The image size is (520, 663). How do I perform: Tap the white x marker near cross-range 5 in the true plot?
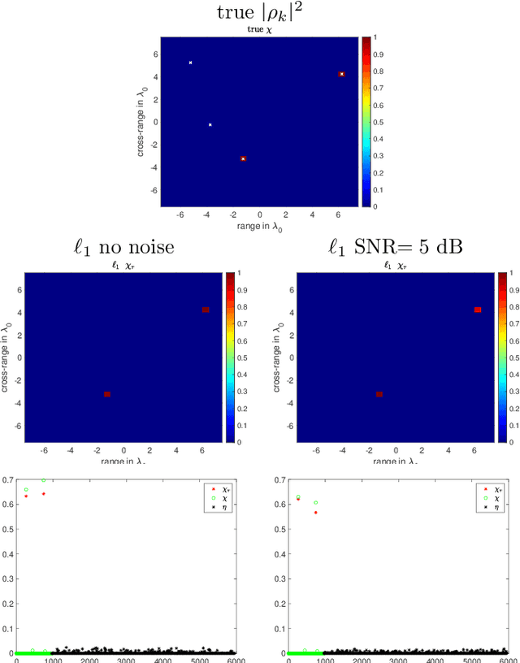(x=191, y=63)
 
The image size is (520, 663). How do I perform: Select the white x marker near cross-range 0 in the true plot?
(x=210, y=125)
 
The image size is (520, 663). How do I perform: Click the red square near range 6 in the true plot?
(x=342, y=74)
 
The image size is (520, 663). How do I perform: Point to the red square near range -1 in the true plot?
(x=243, y=158)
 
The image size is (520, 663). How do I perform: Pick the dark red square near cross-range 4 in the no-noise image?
(x=206, y=310)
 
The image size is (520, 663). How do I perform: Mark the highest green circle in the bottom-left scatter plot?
(x=44, y=480)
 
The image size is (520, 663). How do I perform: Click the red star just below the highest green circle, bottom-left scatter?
(x=44, y=493)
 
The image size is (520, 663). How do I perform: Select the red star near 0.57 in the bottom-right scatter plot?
(x=315, y=513)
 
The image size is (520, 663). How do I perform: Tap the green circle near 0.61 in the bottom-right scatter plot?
(x=315, y=502)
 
